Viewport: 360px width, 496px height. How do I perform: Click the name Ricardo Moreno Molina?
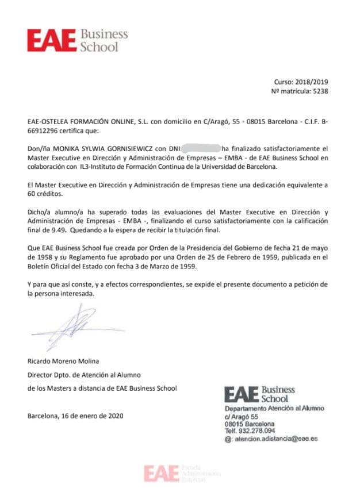tap(63, 361)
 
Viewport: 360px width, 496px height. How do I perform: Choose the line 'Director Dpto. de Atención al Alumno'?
tap(84, 375)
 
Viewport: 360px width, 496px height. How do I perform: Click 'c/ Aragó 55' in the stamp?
tap(242, 416)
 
